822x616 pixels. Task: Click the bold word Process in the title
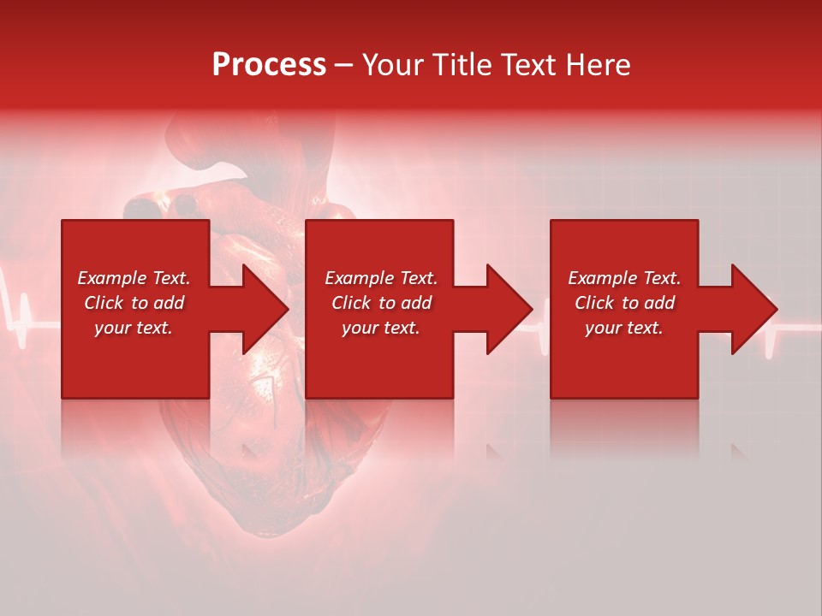click(269, 65)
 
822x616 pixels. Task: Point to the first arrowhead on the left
click(265, 309)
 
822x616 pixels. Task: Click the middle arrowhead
click(509, 309)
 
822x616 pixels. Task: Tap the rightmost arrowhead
click(753, 309)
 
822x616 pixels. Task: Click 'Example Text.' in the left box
click(134, 278)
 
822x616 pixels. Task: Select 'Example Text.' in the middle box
click(381, 278)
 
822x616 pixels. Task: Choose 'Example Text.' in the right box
click(624, 278)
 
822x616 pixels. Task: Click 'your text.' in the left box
click(134, 328)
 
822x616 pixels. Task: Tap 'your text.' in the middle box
click(381, 328)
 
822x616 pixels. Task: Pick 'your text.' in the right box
click(624, 328)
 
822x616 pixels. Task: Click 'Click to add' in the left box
click(134, 303)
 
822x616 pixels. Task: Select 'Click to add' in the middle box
click(381, 303)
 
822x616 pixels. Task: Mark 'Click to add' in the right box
click(624, 303)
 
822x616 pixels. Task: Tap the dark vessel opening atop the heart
click(184, 204)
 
